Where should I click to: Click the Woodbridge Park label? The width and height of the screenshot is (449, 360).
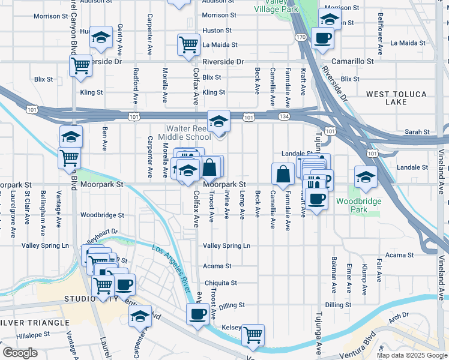(x=359, y=205)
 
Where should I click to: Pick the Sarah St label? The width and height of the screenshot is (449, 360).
(x=417, y=132)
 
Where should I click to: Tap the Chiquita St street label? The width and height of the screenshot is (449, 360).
(x=220, y=283)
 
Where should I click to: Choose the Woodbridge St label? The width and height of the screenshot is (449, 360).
(x=102, y=215)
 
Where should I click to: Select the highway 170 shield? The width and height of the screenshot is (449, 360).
(x=301, y=37)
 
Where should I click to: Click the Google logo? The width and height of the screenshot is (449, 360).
(x=20, y=353)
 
